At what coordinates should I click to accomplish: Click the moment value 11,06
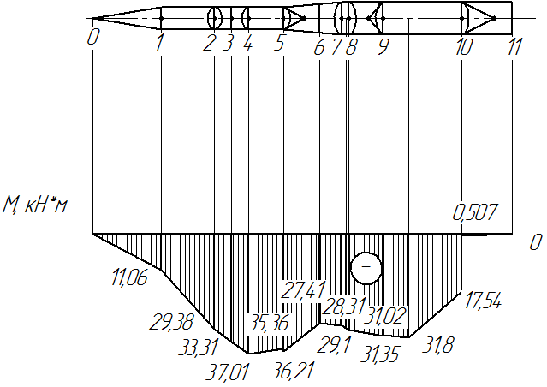click(x=130, y=277)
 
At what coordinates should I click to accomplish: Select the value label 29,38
click(x=171, y=322)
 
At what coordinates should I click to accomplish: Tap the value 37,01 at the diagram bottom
click(x=228, y=372)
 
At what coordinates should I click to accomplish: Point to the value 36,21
click(x=293, y=371)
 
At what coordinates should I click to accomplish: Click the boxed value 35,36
click(x=268, y=323)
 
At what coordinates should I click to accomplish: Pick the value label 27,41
click(x=303, y=290)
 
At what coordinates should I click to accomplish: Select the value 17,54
click(x=483, y=301)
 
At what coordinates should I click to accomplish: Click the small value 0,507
click(x=475, y=212)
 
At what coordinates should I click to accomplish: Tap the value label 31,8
click(x=437, y=345)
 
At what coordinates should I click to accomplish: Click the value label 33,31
click(x=198, y=348)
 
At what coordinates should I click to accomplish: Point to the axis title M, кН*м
click(x=35, y=205)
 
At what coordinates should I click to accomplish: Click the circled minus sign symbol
click(x=366, y=268)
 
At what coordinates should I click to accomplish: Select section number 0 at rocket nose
click(x=92, y=37)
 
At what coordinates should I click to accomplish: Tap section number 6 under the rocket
click(x=318, y=47)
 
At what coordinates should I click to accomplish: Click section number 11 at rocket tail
click(x=514, y=46)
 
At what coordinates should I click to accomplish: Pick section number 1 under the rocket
click(x=159, y=43)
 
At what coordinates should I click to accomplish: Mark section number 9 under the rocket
click(x=383, y=47)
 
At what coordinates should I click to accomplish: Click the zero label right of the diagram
click(x=536, y=242)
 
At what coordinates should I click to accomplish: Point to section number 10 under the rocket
click(x=464, y=47)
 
